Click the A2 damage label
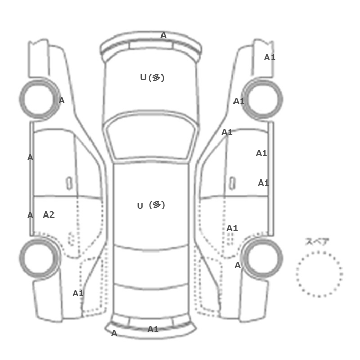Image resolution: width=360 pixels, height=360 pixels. (x=49, y=214)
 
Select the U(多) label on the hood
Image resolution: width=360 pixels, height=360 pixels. (x=152, y=78)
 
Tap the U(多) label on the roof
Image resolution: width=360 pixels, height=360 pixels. (x=151, y=205)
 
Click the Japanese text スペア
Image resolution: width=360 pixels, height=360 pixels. (x=314, y=242)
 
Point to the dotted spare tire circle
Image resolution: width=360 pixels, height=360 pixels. (x=319, y=252)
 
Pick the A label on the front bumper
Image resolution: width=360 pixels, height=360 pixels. (x=163, y=35)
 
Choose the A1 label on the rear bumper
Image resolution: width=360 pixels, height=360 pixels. (x=153, y=329)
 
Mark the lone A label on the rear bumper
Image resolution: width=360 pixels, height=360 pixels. (x=114, y=333)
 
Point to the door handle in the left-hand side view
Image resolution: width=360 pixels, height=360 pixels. (x=69, y=184)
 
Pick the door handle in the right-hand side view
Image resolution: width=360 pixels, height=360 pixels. (x=232, y=184)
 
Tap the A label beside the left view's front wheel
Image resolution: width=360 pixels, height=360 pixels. (x=62, y=101)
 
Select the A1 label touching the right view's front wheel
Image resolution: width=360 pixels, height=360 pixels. (x=239, y=101)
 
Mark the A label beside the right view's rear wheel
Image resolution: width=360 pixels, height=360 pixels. (x=238, y=265)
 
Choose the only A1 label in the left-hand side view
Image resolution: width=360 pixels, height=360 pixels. (x=78, y=293)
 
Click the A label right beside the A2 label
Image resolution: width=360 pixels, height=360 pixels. (x=30, y=215)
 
